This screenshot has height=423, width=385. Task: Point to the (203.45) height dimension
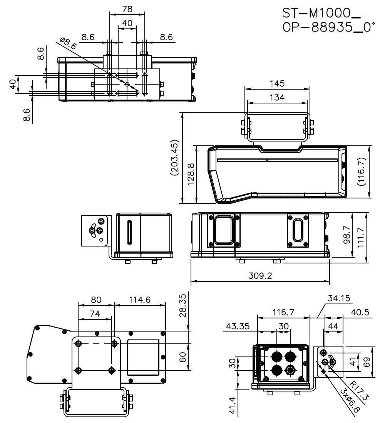point(174,157)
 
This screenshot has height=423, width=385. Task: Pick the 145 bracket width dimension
point(277,83)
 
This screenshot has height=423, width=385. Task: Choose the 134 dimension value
point(277,97)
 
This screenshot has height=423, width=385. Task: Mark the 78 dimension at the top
point(127,8)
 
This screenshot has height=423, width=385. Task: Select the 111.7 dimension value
point(362,237)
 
